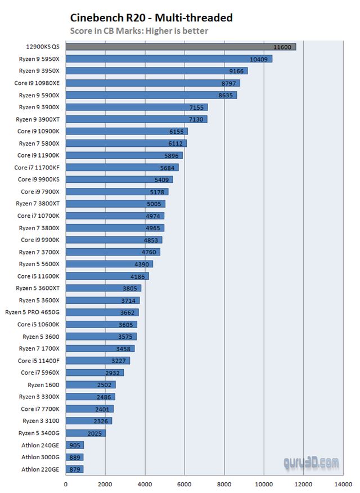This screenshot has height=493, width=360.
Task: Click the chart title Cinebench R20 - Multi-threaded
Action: (x=151, y=17)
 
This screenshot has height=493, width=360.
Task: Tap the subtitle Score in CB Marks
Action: (x=139, y=31)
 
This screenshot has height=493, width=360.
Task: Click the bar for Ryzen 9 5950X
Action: (x=169, y=59)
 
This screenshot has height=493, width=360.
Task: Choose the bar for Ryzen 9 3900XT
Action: (x=137, y=119)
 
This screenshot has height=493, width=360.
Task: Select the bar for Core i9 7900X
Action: (x=117, y=191)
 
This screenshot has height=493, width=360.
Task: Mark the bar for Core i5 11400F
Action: (x=98, y=360)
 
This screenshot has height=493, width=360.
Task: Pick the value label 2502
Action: (x=105, y=384)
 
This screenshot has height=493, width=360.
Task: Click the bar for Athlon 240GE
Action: (x=75, y=445)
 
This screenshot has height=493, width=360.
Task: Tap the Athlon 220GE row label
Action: (x=40, y=469)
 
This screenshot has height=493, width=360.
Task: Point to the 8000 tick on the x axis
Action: (x=224, y=482)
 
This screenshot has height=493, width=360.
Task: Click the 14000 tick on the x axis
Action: (x=343, y=482)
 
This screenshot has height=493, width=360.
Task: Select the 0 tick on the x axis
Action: (x=66, y=482)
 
